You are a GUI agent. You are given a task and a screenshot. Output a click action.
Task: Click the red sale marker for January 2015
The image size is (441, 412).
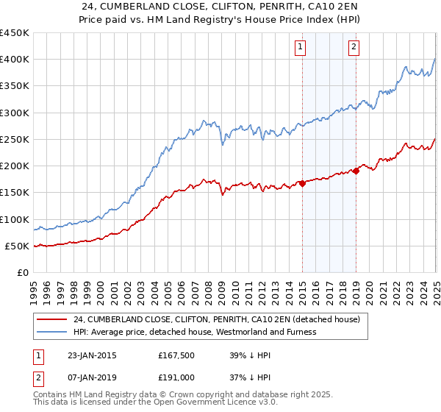click(302, 183)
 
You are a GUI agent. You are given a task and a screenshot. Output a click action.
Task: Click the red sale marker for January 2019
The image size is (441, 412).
click(356, 171)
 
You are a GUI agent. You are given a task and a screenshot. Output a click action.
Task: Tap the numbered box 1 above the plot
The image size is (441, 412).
click(301, 47)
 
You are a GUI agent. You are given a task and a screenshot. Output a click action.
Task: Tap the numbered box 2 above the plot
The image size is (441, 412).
click(354, 47)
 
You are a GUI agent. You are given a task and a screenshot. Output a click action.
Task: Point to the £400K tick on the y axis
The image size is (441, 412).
click(14, 60)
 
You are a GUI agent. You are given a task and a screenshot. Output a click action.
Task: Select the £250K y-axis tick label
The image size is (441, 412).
click(14, 139)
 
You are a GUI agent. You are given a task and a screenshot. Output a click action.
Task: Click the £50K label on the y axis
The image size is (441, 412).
click(17, 246)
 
